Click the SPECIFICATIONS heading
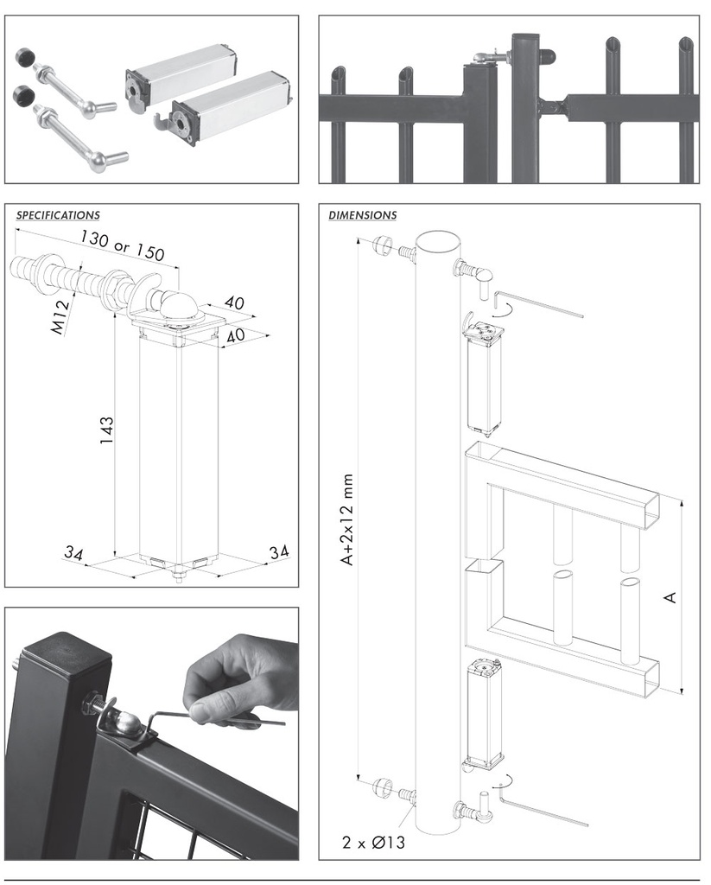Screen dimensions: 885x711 [58, 215]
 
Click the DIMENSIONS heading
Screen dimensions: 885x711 [362, 215]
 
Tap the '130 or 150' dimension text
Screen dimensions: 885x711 [122, 245]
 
